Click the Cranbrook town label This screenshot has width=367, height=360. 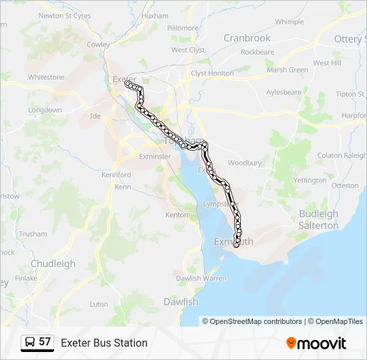[x=247, y=38]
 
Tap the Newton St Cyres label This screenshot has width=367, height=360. [x=65, y=15]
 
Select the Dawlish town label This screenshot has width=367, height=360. [x=181, y=302]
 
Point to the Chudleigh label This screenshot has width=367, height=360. [x=53, y=263]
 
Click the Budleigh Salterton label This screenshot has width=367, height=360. [x=318, y=220]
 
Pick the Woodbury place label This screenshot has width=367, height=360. [x=244, y=163]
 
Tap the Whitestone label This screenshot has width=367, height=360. [x=46, y=77]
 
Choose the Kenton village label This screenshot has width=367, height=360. [x=177, y=215]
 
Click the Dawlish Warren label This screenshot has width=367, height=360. [x=201, y=278]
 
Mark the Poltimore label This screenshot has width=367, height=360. [x=183, y=28]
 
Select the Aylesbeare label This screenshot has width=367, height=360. [x=284, y=92]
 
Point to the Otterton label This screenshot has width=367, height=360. [x=344, y=186]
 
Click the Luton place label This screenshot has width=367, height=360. [x=99, y=304]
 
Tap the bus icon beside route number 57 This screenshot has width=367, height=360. [x=30, y=342]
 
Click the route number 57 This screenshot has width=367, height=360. [x=45, y=342]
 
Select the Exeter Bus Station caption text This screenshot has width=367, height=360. [x=104, y=343]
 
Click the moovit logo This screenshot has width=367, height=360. [x=316, y=343]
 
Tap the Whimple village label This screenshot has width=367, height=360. [x=289, y=21]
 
